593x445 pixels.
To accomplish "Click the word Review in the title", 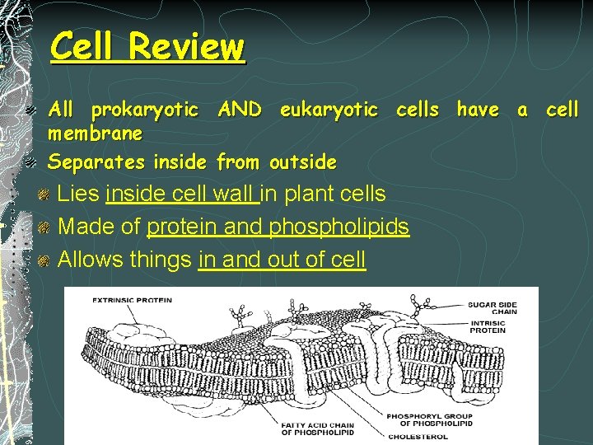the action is click(x=187, y=47).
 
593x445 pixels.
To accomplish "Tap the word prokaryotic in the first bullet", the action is click(x=144, y=110).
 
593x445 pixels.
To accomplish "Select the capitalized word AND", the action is click(x=240, y=110).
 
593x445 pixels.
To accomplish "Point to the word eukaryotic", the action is click(x=329, y=110).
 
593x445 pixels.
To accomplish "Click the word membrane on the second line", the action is click(x=96, y=133).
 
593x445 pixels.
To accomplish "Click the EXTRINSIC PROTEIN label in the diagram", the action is click(x=132, y=300).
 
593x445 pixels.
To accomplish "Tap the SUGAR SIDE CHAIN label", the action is click(x=493, y=308).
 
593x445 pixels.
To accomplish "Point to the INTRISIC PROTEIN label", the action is click(x=488, y=326).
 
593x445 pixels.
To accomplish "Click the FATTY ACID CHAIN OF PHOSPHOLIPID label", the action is click(x=317, y=429).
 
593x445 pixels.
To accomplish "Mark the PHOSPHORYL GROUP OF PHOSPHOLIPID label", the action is click(x=431, y=419).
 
